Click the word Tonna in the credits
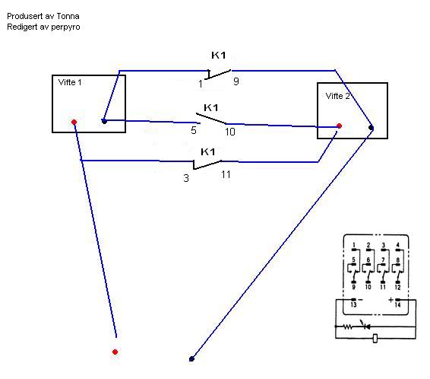click(x=68, y=16)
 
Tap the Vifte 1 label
click(x=70, y=82)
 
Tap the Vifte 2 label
click(x=337, y=96)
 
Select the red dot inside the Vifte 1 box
click(x=74, y=122)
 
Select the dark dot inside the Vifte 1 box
click(x=104, y=121)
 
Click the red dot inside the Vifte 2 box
click(x=340, y=126)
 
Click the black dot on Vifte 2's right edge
click(x=371, y=128)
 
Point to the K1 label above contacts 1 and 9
click(x=219, y=56)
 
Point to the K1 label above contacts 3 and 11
click(x=208, y=151)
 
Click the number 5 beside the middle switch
click(x=194, y=130)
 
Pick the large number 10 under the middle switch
click(x=230, y=132)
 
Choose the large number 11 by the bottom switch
click(x=226, y=174)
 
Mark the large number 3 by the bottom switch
click(x=186, y=178)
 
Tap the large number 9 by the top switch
click(x=236, y=81)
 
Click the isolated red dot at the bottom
click(x=115, y=352)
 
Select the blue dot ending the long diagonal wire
click(x=191, y=358)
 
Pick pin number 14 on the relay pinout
click(x=397, y=304)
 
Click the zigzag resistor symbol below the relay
click(x=348, y=326)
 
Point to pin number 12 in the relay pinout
click(x=397, y=287)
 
